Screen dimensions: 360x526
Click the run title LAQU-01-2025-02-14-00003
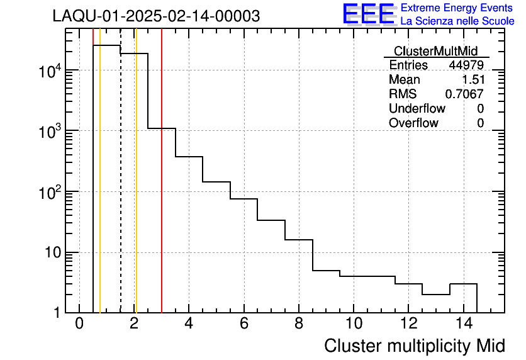click(156, 16)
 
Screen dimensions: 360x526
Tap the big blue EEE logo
click(369, 14)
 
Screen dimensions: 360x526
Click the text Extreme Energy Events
click(456, 8)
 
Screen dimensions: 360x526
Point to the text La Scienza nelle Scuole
click(457, 21)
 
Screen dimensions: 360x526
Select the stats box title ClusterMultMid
click(435, 51)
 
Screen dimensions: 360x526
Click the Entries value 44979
click(466, 65)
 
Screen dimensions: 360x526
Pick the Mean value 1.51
click(473, 80)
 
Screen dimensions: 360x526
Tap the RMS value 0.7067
click(464, 94)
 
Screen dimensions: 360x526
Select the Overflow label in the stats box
click(413, 123)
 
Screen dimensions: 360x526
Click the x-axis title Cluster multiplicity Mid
click(415, 346)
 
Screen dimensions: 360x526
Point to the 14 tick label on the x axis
click(463, 324)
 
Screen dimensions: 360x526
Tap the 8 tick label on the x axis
click(299, 324)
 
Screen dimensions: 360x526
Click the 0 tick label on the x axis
click(79, 324)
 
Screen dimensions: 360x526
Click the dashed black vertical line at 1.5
click(121, 189)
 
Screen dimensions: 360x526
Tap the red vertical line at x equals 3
click(162, 220)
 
